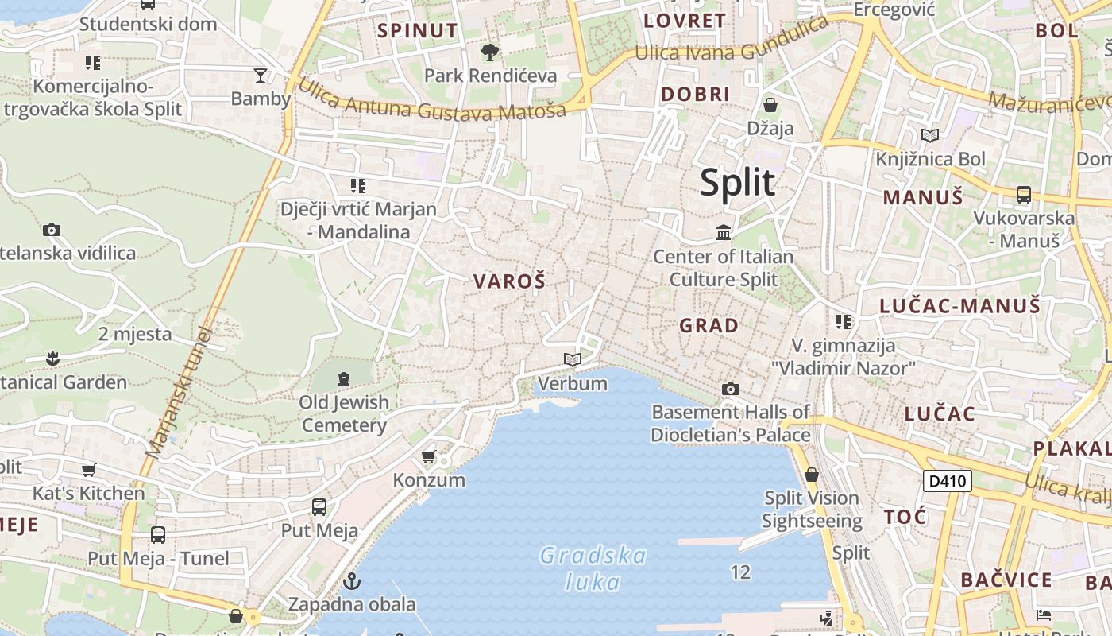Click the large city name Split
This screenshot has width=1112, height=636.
737,183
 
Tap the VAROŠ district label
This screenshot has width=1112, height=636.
509,281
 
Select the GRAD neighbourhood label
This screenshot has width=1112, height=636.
709,325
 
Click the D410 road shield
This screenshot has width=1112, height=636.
948,480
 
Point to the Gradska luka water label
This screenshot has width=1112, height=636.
593,568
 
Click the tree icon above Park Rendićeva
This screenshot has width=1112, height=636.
490,52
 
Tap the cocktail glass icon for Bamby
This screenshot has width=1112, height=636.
261,76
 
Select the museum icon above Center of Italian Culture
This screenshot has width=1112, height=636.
724,233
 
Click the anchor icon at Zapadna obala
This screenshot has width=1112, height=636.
352,581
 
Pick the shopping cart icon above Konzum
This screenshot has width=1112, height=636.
429,457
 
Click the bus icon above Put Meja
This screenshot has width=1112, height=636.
319,506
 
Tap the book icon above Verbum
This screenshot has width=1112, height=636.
572,359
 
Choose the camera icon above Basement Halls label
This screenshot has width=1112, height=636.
730,389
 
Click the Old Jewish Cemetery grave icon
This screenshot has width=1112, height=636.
344,378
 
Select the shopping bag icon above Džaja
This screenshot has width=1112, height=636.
770,104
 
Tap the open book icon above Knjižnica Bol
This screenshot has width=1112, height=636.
929,135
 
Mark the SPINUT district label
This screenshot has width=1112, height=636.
418,31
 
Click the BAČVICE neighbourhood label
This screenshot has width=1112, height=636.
1006,580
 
